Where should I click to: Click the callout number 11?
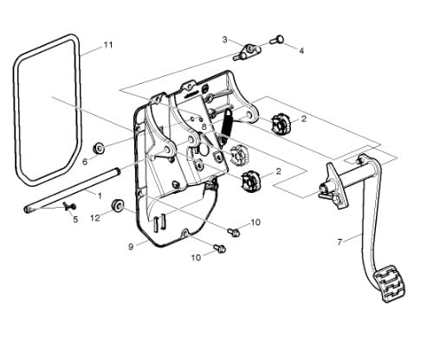[107, 43]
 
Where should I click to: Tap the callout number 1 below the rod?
[99, 196]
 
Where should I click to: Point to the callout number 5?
[74, 220]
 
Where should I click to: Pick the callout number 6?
[85, 161]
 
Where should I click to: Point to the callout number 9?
[131, 247]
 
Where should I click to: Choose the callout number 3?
[224, 40]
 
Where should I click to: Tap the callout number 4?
[301, 51]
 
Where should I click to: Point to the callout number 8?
[204, 127]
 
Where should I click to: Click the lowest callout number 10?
[195, 257]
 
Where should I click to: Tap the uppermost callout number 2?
[302, 119]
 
